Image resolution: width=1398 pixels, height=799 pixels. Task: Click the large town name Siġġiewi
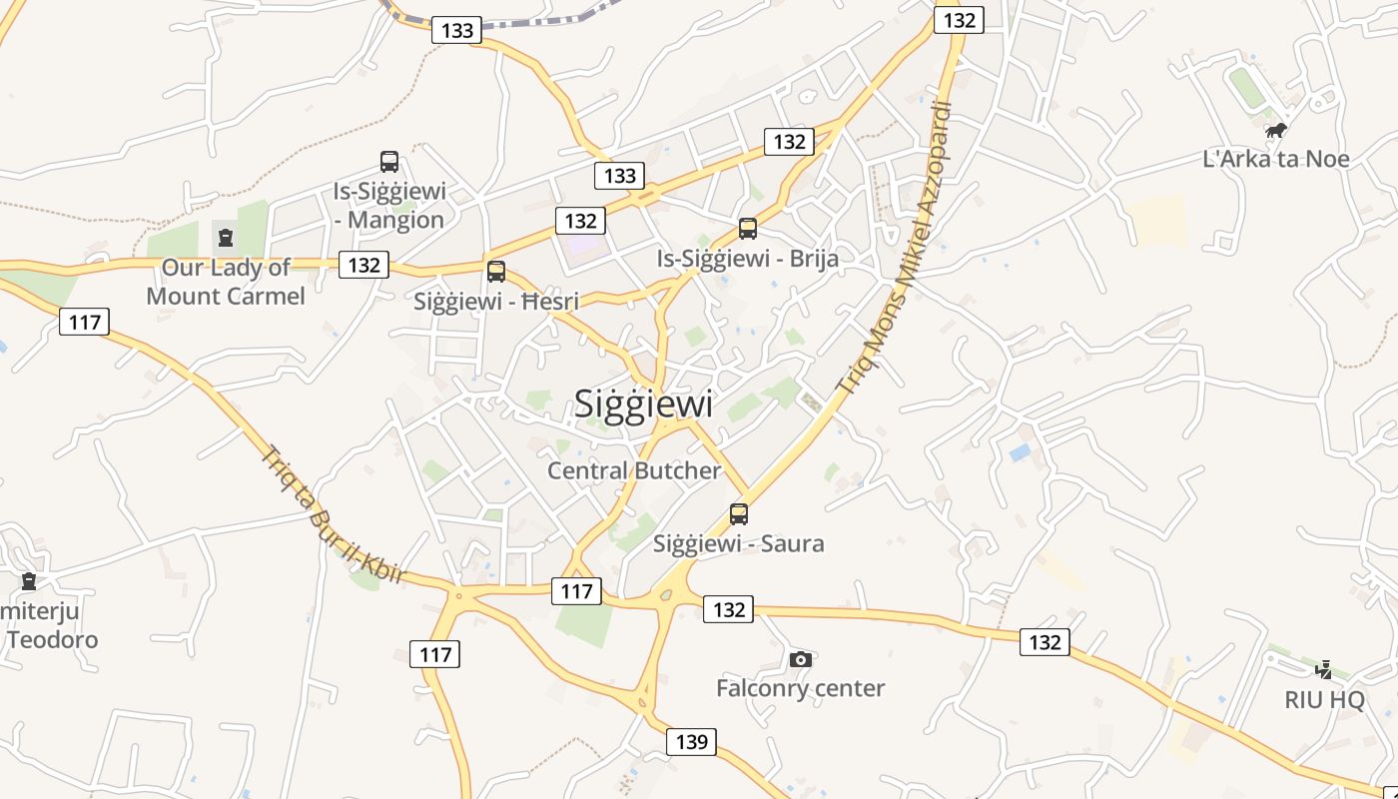pos(644,403)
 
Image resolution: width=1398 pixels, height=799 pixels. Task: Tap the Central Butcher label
pos(634,470)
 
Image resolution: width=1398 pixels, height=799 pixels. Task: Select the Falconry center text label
pos(800,688)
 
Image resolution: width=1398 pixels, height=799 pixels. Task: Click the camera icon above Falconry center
pos(800,659)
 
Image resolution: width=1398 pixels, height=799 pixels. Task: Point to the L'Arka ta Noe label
pos(1276,159)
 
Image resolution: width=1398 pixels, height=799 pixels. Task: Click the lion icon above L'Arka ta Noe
pos(1275,130)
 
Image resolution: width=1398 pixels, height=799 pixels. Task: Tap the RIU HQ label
pos(1324,699)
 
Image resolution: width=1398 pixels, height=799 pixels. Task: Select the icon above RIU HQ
pos(1324,669)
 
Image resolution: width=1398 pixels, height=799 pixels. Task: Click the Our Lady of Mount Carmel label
pos(226,282)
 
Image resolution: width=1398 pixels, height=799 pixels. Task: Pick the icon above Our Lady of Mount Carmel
pos(226,238)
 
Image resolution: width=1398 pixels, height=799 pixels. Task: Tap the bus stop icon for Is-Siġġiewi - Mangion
pos(389,162)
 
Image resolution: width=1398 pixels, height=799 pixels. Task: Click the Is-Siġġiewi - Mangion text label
pos(389,206)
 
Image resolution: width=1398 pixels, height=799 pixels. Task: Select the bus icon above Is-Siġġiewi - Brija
pos(747,229)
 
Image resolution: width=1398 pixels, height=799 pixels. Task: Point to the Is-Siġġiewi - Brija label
pos(747,259)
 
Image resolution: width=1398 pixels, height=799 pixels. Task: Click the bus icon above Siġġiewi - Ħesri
pos(496,272)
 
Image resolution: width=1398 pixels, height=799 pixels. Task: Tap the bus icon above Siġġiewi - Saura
pos(738,514)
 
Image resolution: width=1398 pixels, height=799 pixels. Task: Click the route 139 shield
pos(691,742)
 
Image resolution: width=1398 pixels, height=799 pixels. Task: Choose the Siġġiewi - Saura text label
pos(738,544)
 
